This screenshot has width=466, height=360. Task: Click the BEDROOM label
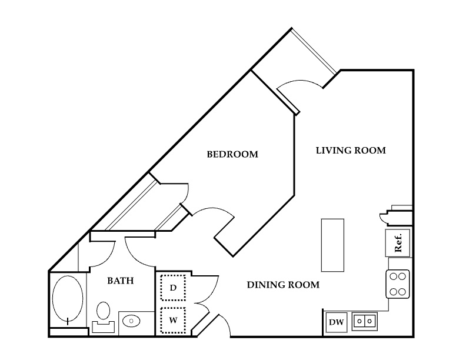pyautogui.click(x=232, y=154)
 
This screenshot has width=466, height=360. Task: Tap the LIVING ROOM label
pyautogui.click(x=351, y=151)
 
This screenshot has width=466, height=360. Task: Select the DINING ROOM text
pyautogui.click(x=283, y=285)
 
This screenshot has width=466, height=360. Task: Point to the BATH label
pyautogui.click(x=121, y=281)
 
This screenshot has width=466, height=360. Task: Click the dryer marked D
pyautogui.click(x=173, y=288)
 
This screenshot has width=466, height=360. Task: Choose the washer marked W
pyautogui.click(x=173, y=320)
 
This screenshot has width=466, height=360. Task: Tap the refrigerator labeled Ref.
pyautogui.click(x=398, y=243)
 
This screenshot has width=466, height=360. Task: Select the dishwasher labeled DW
pyautogui.click(x=336, y=322)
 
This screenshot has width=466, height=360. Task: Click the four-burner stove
pyautogui.click(x=398, y=284)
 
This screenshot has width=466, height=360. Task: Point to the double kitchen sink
pyautogui.click(x=365, y=321)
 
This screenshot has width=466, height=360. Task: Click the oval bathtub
pyautogui.click(x=68, y=299)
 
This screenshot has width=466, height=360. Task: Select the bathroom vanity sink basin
pyautogui.click(x=131, y=321)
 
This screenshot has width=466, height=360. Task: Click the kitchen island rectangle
pyautogui.click(x=332, y=245)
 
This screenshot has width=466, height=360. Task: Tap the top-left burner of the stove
pyautogui.click(x=394, y=276)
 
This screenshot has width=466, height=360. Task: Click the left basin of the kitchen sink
pyautogui.click(x=360, y=321)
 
